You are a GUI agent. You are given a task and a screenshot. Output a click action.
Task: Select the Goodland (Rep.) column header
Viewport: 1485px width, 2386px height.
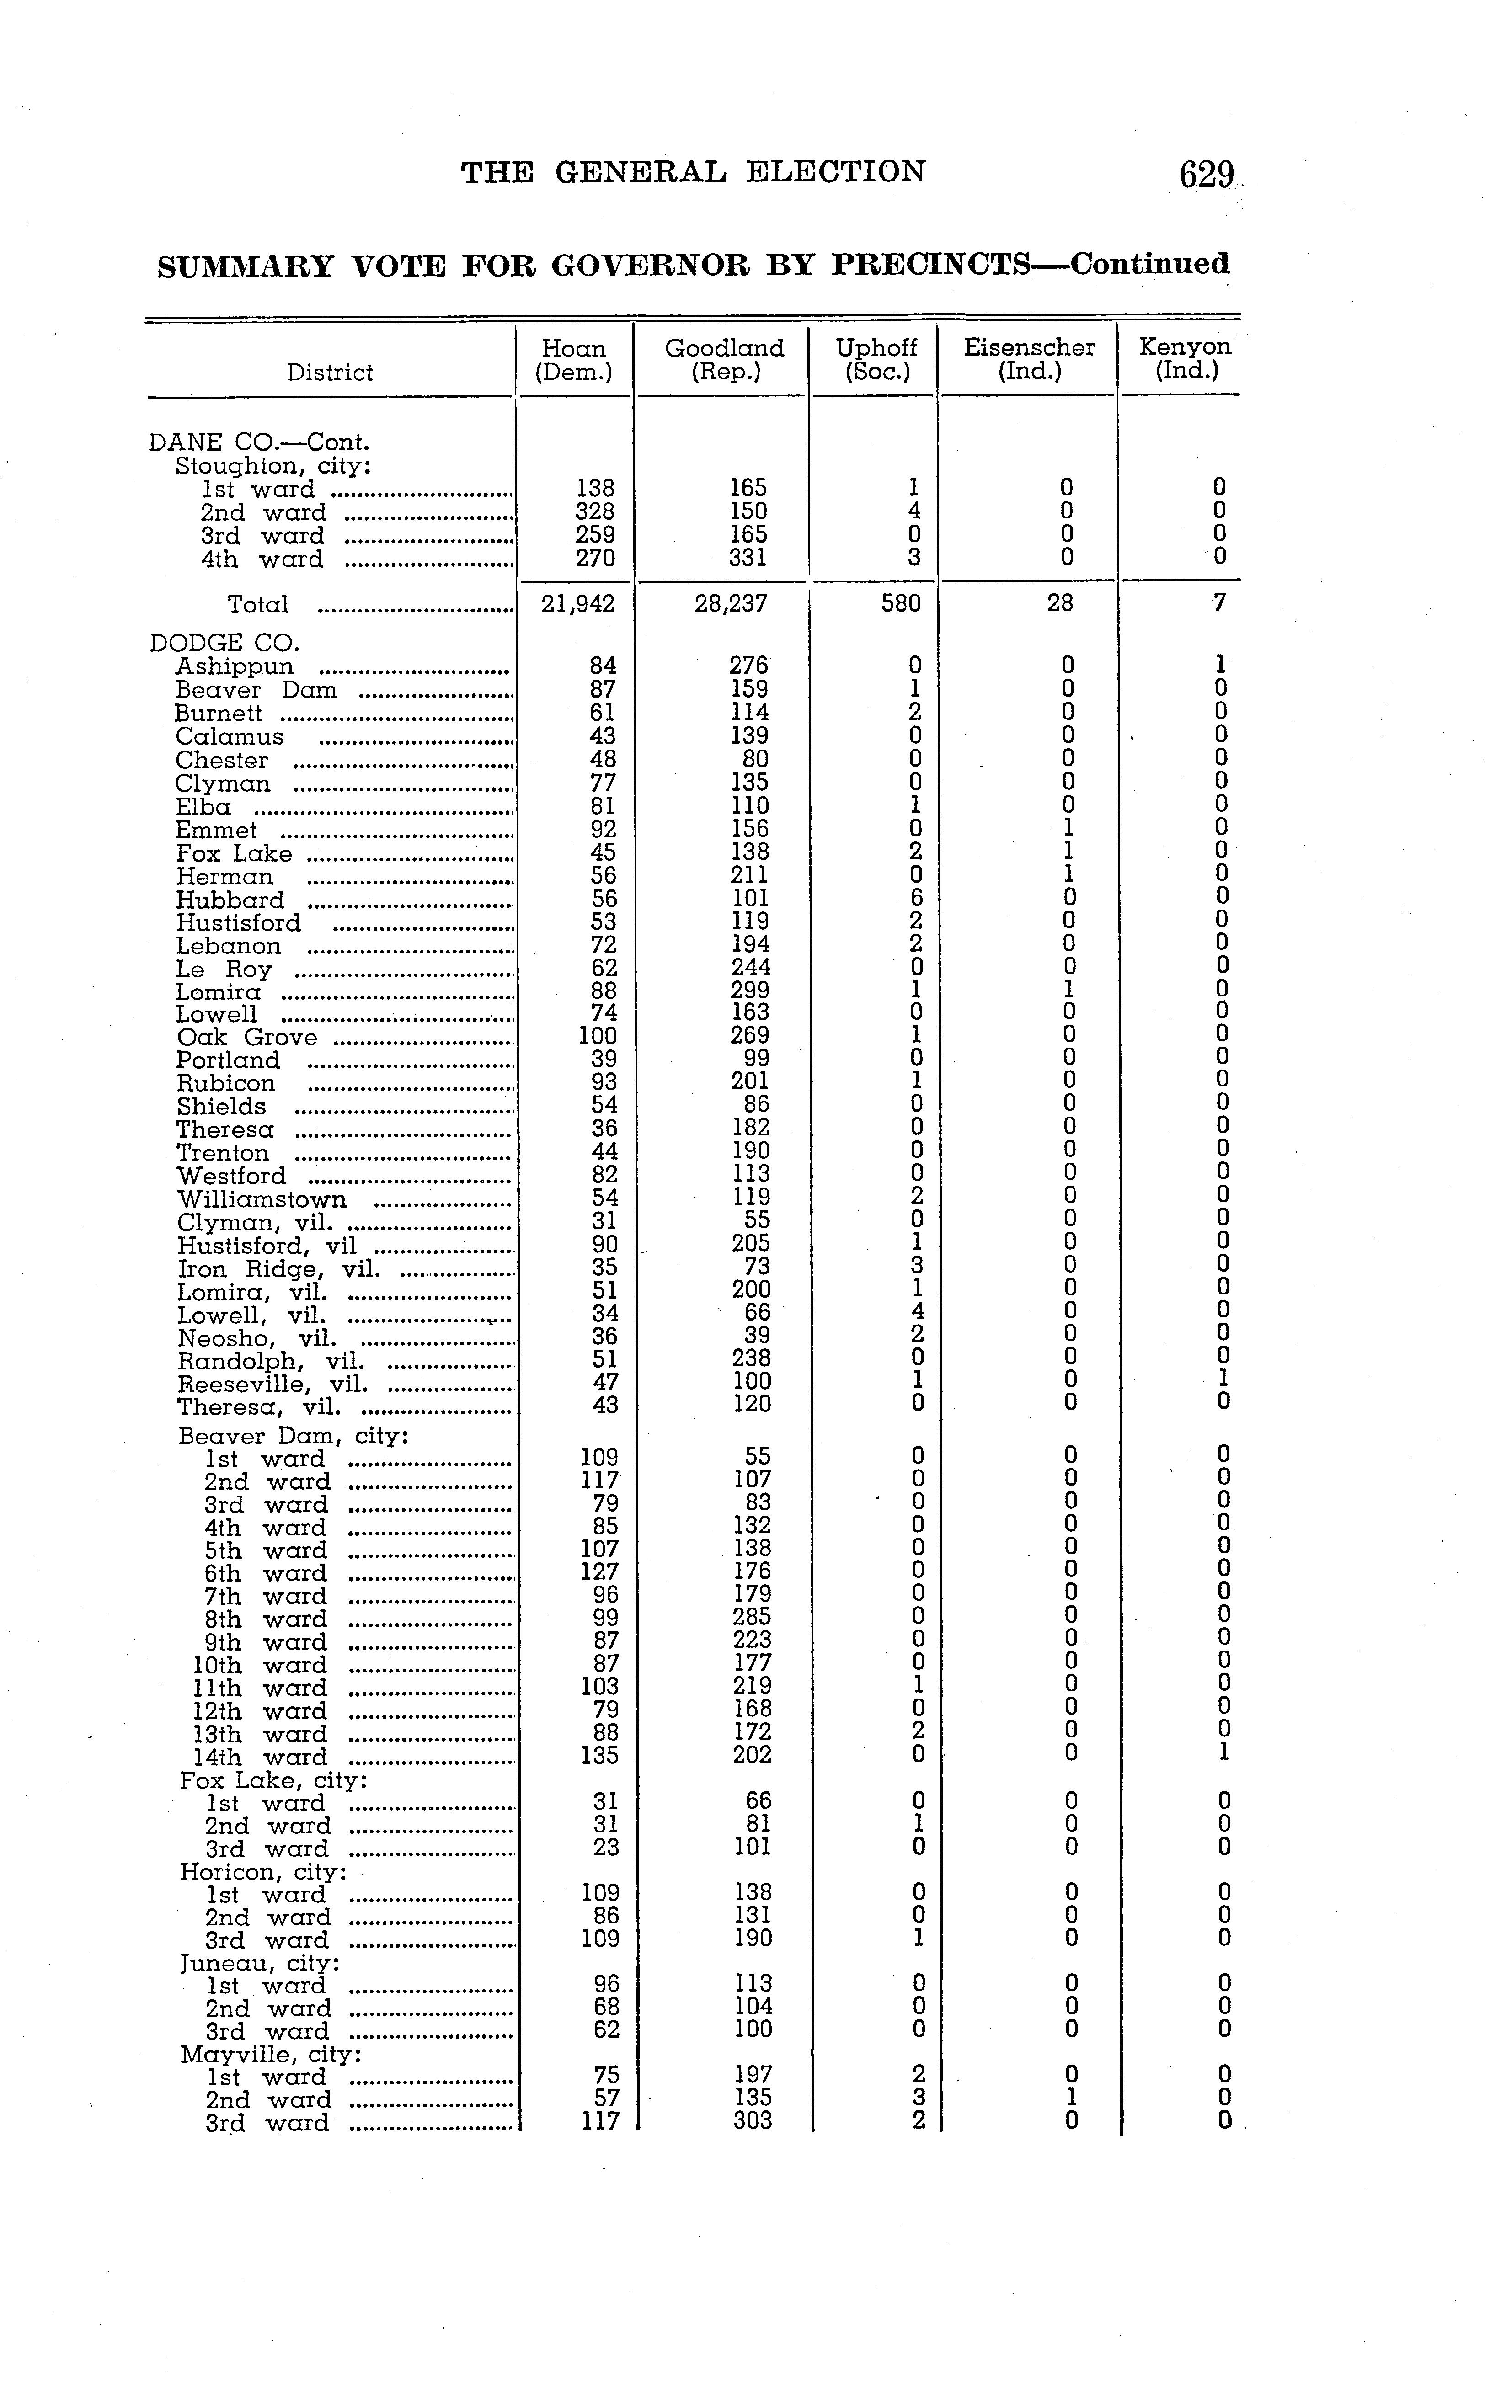click(x=725, y=359)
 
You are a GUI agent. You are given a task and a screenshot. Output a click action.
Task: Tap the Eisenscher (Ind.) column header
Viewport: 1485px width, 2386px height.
click(x=1029, y=359)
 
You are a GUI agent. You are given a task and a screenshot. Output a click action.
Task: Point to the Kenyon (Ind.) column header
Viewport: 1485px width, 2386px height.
click(x=1185, y=359)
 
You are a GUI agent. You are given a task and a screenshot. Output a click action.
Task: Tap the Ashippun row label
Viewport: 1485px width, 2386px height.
click(x=235, y=667)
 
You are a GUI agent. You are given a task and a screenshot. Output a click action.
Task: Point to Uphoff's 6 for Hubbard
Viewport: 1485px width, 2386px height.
click(x=915, y=897)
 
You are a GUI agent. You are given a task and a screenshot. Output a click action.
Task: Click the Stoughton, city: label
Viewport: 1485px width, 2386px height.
click(x=273, y=466)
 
